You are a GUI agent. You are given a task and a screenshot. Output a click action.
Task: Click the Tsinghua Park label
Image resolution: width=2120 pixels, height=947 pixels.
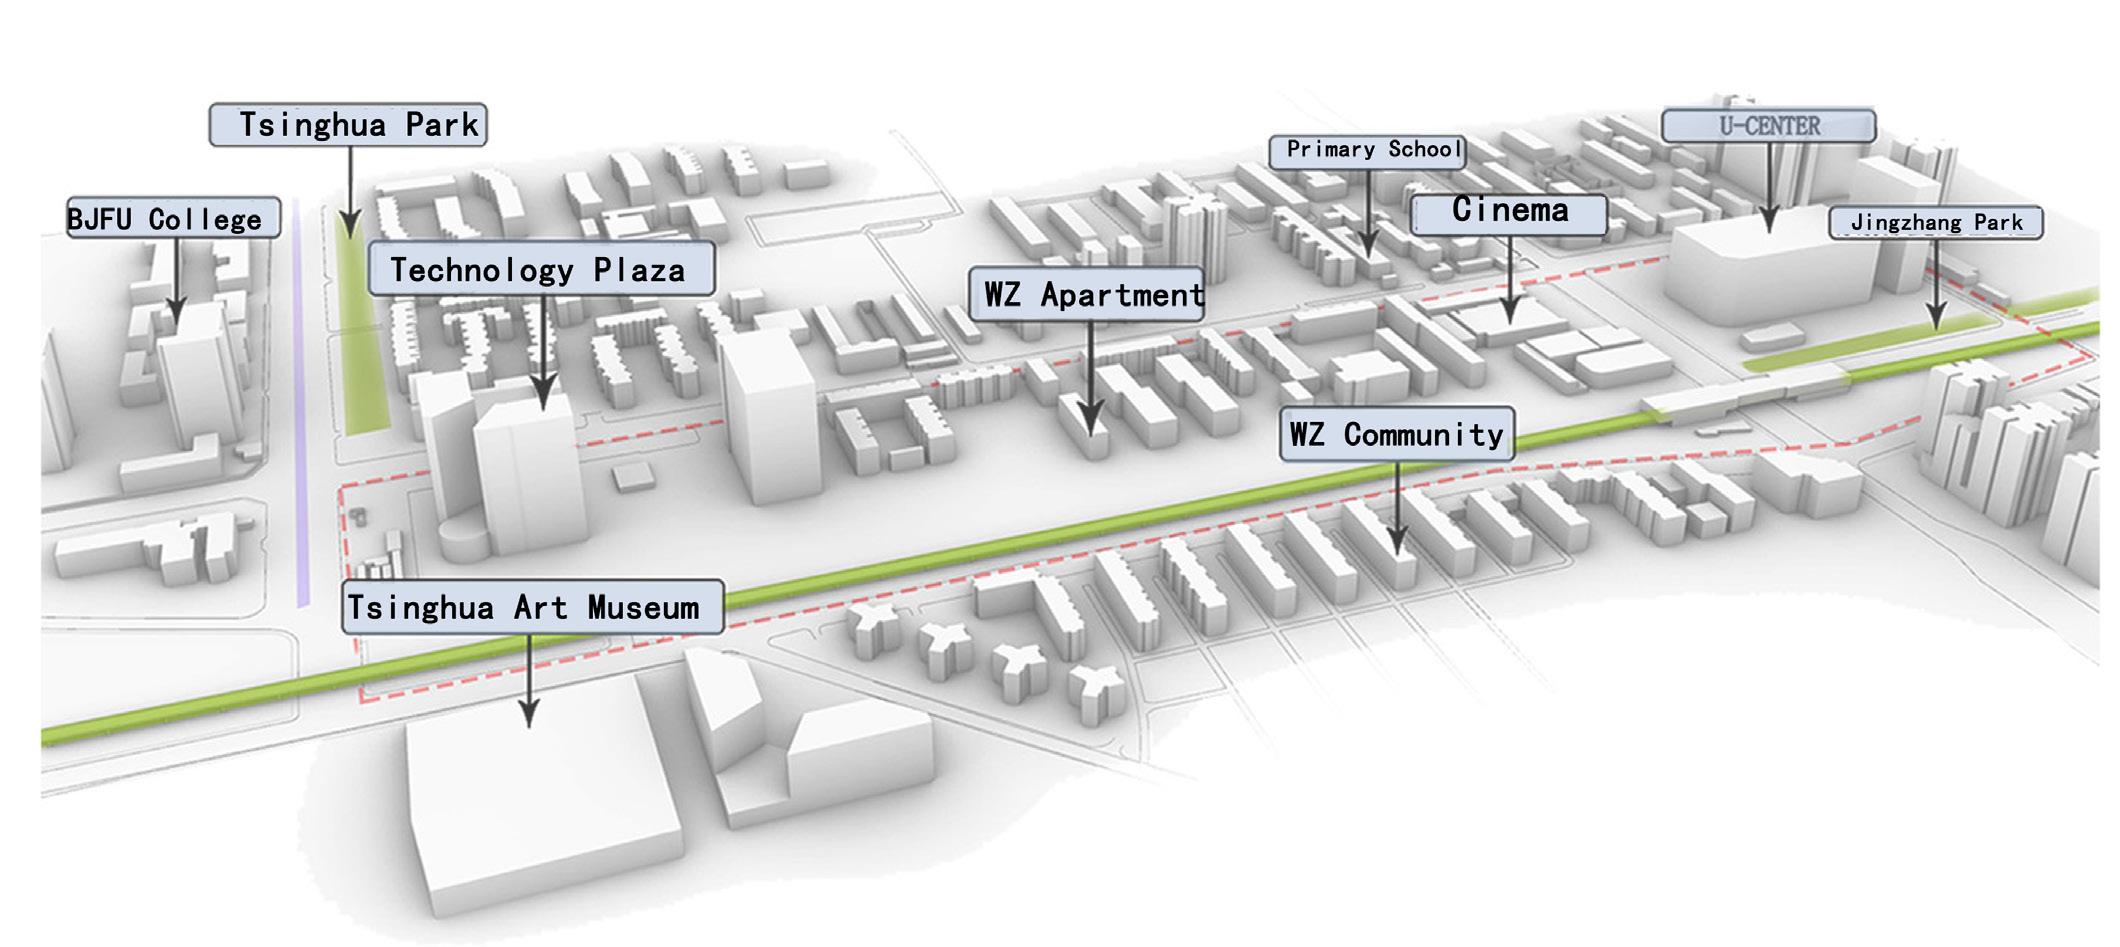(x=348, y=125)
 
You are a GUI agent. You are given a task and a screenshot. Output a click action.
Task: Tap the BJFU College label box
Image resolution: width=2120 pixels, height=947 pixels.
(x=173, y=218)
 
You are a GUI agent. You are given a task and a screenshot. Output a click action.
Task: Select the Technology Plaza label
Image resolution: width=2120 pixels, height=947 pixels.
(x=541, y=269)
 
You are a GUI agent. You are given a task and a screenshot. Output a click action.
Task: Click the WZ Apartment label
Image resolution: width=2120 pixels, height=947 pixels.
(x=1086, y=294)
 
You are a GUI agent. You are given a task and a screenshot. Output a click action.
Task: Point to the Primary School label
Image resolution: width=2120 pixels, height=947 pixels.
(x=1367, y=150)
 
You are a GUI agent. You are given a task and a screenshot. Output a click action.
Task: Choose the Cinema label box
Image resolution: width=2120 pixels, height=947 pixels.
(x=1509, y=212)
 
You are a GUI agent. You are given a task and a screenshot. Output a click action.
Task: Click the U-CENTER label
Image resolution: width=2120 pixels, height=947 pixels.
(x=1768, y=126)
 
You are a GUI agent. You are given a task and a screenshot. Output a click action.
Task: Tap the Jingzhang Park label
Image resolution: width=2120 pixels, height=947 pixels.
(x=1935, y=222)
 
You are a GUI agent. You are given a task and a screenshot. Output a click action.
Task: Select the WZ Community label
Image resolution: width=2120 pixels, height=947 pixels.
(x=1396, y=434)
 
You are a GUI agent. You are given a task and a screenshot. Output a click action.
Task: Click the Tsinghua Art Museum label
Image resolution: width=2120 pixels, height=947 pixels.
(x=532, y=607)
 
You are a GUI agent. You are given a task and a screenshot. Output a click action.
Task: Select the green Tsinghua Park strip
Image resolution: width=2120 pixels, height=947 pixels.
(x=362, y=340)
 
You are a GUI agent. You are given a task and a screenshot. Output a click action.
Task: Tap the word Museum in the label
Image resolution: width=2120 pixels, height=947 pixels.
(x=643, y=607)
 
